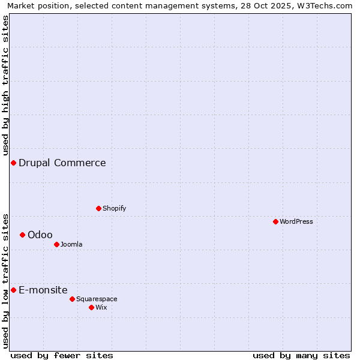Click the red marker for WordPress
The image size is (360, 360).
coord(275,221)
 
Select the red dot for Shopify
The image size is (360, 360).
coord(98,208)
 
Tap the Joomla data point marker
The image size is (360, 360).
coord(56,244)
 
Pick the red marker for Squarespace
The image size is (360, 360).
coord(72,299)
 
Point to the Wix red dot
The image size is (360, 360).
coord(91,307)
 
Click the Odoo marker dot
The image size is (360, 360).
coord(22,235)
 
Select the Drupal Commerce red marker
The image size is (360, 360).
coord(13,163)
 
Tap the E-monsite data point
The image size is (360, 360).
coord(13,290)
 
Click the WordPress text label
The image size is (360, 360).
coord(296,221)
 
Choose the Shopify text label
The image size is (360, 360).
coord(114,208)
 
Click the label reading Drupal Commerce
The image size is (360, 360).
coord(62,163)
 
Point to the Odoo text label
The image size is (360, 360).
coord(40,235)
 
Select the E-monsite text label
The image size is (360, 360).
coord(43,290)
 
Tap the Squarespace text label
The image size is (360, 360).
coord(97,299)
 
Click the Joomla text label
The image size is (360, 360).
coord(71,244)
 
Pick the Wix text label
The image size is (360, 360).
coord(101,307)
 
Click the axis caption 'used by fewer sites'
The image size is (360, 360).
coord(62,355)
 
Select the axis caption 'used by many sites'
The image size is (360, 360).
coord(301,355)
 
